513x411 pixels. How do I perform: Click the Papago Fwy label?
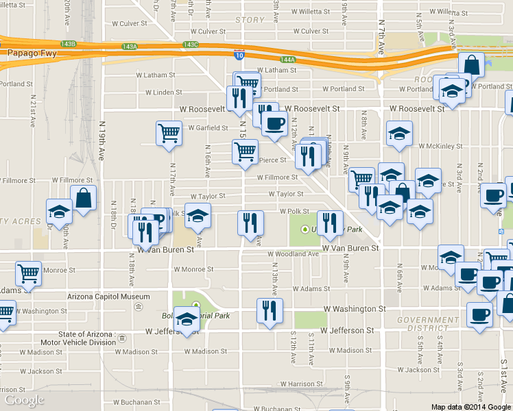point(23,51)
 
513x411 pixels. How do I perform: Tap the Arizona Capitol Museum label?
point(108,297)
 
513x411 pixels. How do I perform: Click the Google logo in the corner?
point(24,400)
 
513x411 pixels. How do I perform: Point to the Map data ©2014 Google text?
point(470,406)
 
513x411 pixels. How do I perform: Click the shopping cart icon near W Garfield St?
point(169,133)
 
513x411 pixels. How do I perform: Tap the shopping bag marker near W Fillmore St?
point(83,198)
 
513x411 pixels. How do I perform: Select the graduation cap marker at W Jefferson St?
point(187,319)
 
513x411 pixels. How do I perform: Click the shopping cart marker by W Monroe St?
point(28,273)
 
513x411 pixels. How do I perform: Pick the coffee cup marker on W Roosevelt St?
point(274,123)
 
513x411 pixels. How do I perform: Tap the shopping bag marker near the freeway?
point(471,65)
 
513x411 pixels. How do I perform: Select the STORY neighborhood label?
point(250,20)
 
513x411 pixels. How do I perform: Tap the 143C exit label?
point(191,45)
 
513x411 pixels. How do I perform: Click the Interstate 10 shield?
point(239,53)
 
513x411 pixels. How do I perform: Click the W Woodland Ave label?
point(295,253)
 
